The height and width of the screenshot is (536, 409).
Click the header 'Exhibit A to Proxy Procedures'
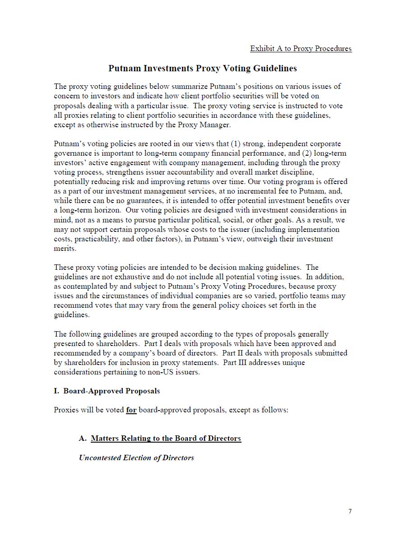(x=301, y=49)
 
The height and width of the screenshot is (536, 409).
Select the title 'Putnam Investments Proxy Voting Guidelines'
(x=203, y=69)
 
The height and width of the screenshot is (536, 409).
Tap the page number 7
(x=350, y=511)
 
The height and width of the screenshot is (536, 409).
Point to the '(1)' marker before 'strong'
(x=236, y=144)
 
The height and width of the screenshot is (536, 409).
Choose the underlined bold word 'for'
(x=131, y=410)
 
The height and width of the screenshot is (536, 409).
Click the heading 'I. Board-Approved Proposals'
(x=107, y=391)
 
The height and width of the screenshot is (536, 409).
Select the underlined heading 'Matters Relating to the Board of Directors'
(x=166, y=439)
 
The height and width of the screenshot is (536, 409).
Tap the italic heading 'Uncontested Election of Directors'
(x=136, y=458)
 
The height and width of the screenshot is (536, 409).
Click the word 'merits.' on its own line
(x=65, y=249)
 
